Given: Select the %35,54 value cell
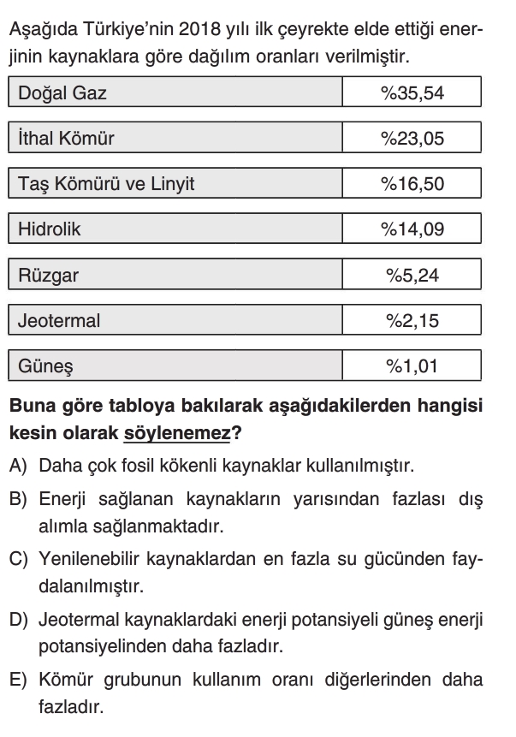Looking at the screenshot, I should tap(412, 92).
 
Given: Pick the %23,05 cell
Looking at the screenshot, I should tap(412, 138).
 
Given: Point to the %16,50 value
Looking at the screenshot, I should tap(412, 183).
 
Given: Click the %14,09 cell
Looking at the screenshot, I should tap(412, 229).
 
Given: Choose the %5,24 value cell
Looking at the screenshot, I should tap(412, 276).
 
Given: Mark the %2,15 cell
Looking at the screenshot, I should tap(412, 322).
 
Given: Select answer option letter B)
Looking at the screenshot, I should tap(18, 499).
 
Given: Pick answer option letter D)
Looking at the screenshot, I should tap(18, 617).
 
